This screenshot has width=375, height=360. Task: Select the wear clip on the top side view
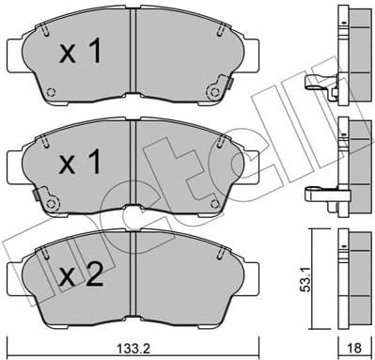[320, 86]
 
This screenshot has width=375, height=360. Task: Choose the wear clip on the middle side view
[320, 196]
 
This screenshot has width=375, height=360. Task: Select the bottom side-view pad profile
[349, 274]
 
